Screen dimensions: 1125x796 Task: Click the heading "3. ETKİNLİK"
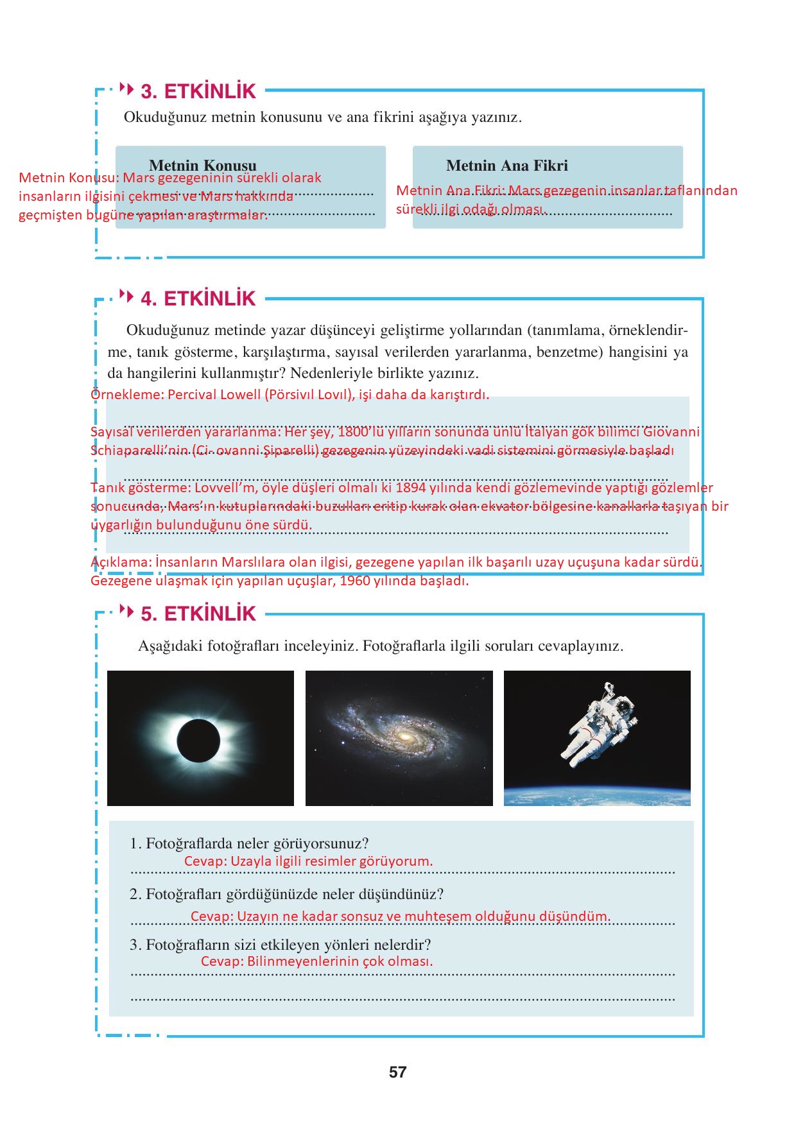[x=198, y=91]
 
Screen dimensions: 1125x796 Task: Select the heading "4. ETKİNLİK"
[x=198, y=298]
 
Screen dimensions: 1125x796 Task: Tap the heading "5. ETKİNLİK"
[x=198, y=614]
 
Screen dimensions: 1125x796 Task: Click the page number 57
[x=397, y=1072]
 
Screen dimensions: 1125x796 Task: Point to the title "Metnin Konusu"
[x=202, y=166]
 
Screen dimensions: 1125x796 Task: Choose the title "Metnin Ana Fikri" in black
[x=506, y=166]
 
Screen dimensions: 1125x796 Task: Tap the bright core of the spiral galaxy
[x=404, y=736]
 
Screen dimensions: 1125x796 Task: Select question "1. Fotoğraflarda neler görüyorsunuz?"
[x=249, y=843]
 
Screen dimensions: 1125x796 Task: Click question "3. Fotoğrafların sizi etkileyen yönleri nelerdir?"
[x=280, y=945]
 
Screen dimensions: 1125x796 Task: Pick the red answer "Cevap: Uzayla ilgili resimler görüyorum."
[x=308, y=861]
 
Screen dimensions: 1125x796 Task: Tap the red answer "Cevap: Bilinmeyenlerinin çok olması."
[x=316, y=961]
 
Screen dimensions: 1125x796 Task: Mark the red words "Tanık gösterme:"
[x=141, y=488]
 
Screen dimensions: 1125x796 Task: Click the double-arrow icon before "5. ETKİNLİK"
[x=127, y=611]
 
